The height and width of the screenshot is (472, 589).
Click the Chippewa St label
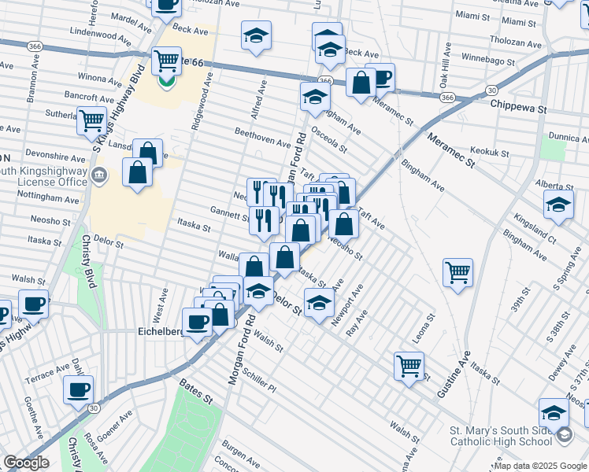517,104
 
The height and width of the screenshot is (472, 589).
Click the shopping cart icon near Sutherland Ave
92,120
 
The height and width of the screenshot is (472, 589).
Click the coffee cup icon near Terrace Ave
78,389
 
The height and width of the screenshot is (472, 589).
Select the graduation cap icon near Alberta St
558,205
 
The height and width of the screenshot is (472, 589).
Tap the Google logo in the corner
26,463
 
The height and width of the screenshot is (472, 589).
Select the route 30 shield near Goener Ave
94,407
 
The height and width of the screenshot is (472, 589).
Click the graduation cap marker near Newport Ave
319,301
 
